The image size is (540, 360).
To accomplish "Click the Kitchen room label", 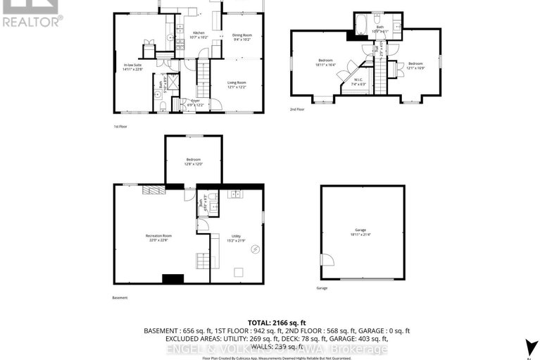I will [x=199, y=35].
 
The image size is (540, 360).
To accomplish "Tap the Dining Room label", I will [x=241, y=37].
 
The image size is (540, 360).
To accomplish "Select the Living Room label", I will [x=236, y=85].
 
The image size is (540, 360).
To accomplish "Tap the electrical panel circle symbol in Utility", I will [x=255, y=248].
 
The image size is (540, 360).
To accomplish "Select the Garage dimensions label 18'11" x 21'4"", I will [x=362, y=235].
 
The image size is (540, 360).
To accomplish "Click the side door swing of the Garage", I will [x=326, y=260].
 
